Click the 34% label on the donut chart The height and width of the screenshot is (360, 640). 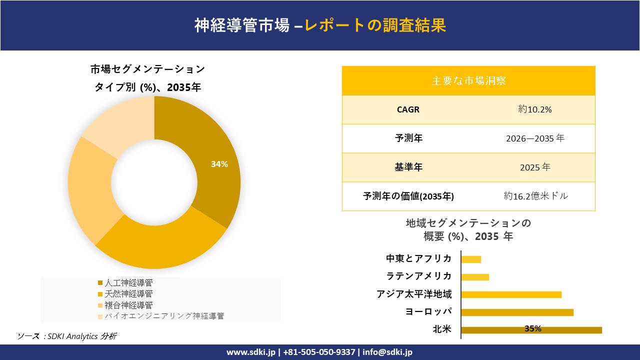219,164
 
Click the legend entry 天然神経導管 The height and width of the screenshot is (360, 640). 129,293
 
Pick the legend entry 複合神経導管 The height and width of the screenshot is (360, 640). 129,304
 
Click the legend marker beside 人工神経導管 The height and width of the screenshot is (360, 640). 100,283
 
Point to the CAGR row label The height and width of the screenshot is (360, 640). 408,109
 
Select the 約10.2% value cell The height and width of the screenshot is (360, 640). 535,109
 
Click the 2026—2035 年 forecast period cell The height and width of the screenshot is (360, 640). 535,138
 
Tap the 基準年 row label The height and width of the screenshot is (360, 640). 408,167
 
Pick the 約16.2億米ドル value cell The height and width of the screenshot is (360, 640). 535,196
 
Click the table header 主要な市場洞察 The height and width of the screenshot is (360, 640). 468,80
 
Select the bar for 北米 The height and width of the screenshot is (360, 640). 531,329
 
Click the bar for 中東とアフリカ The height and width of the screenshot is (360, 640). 471,259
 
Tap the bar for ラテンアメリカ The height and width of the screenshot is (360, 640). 475,277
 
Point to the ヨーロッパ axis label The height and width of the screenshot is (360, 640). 428,311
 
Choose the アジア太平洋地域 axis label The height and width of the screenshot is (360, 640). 414,294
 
